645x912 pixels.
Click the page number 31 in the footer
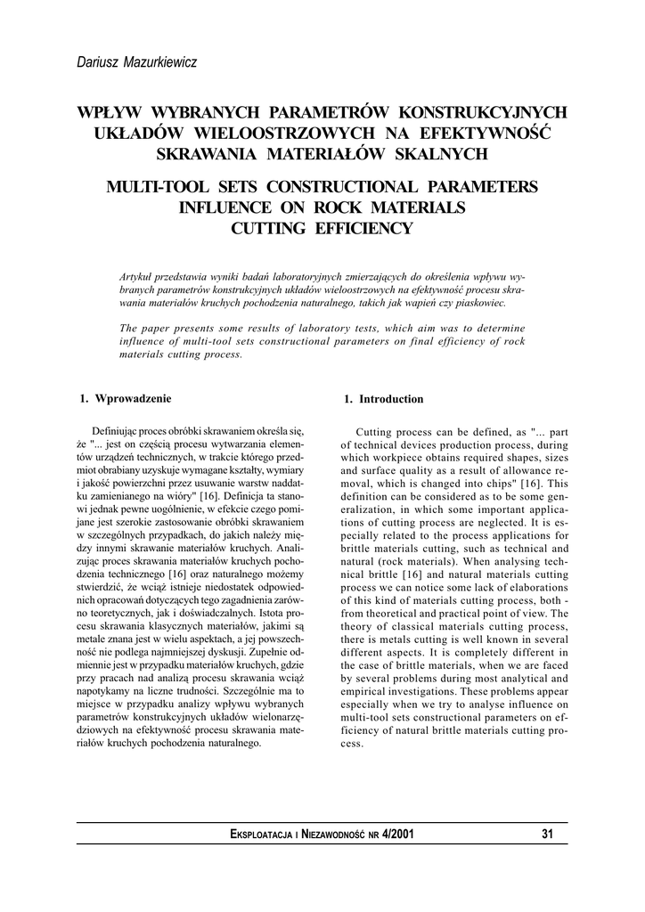click(547, 835)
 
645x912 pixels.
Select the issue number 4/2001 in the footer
click(395, 835)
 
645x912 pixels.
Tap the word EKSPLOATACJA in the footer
click(261, 835)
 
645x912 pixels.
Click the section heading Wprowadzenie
click(133, 398)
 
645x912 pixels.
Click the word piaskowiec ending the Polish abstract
click(480, 302)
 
